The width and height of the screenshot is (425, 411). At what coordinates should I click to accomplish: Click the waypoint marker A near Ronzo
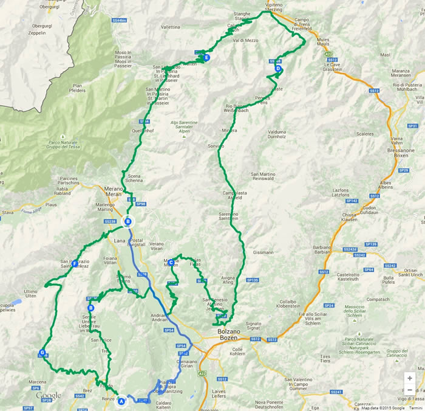[121, 400]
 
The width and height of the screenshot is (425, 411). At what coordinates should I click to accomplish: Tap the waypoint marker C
[172, 263]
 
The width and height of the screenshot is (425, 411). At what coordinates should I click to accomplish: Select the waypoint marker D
[278, 69]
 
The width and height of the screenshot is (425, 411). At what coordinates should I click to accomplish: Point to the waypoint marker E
[207, 58]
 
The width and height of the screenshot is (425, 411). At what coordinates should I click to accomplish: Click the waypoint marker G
[42, 353]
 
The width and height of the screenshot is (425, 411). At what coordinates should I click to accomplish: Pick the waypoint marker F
[75, 264]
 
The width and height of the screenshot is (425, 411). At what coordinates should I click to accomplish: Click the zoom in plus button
[410, 378]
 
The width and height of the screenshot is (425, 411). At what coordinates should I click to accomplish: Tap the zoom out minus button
[410, 390]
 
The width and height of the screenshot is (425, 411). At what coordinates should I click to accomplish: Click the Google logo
[48, 396]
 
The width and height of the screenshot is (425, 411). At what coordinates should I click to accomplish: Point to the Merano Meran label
[114, 190]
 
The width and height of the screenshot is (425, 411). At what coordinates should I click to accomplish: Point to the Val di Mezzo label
[245, 40]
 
